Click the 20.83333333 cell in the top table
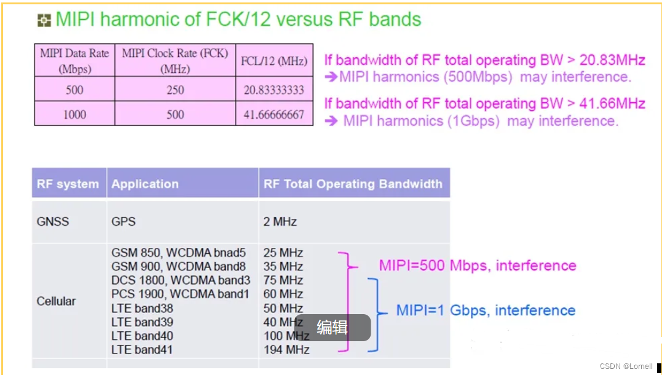tap(274, 90)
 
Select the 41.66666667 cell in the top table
tap(274, 114)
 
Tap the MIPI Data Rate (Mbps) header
tap(74, 60)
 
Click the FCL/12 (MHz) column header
tap(274, 61)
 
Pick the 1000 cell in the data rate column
tap(74, 114)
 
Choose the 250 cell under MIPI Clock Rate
tap(175, 90)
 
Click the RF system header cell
tap(68, 184)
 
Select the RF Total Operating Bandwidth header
tap(353, 184)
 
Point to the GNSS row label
tap(53, 221)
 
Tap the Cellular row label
tap(56, 301)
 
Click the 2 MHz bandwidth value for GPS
tap(280, 221)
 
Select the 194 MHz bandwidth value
tap(286, 350)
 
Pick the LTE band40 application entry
tap(142, 336)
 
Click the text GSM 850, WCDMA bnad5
tap(178, 253)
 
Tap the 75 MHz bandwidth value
tap(283, 280)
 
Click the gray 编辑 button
tap(333, 328)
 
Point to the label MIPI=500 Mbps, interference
tap(478, 266)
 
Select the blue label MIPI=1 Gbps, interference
tap(486, 310)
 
